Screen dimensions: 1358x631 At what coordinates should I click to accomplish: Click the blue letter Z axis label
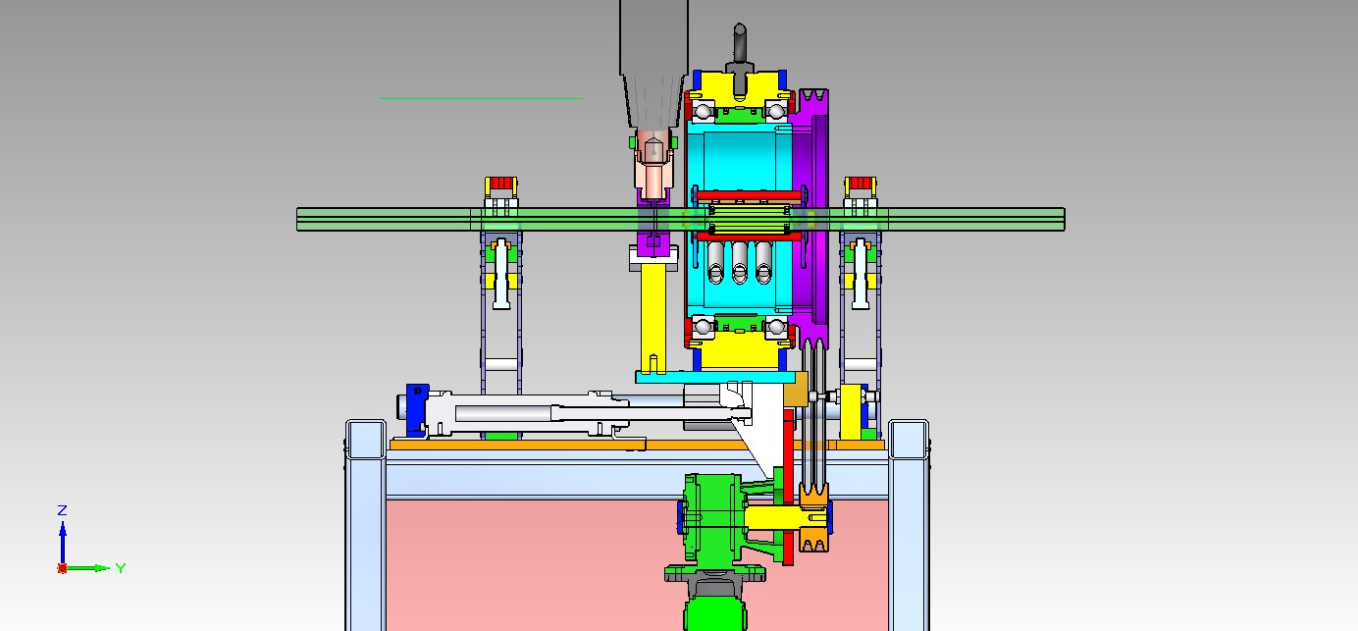coord(62,510)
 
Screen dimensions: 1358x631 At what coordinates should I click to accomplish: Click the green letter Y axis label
coord(121,568)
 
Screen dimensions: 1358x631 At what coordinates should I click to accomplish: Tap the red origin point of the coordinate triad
coord(62,568)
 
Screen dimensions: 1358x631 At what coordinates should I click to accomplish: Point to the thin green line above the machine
coord(482,98)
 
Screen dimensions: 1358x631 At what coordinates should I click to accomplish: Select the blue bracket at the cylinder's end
coord(416,409)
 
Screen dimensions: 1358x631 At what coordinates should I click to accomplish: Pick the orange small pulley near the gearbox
coord(813,518)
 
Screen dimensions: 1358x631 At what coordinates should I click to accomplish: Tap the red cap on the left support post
coord(500,183)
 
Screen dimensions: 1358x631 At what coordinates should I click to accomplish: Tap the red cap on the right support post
coord(861,183)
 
